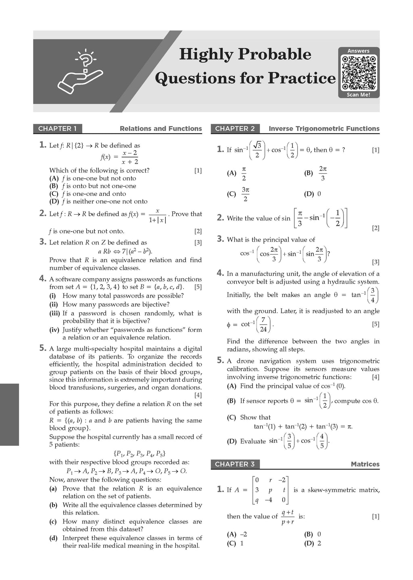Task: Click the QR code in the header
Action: [x=359, y=73]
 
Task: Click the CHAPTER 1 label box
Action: [x=57, y=129]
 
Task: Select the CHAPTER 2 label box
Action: [x=235, y=129]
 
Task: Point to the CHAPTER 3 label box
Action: [x=235, y=464]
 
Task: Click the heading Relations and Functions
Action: [x=161, y=129]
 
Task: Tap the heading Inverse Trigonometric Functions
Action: [x=324, y=129]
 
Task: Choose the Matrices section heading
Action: [x=365, y=464]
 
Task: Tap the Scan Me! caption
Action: [x=359, y=95]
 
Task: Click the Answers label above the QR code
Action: [x=359, y=51]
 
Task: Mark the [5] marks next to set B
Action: [x=198, y=287]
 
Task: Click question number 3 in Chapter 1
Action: [x=43, y=242]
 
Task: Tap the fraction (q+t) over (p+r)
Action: [x=288, y=517]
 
